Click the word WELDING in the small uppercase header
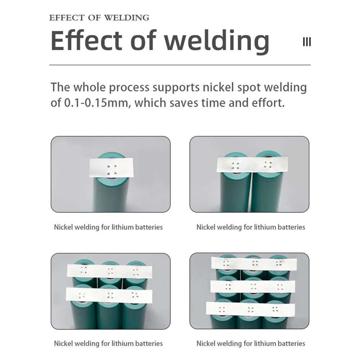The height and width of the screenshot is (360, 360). pos(126,18)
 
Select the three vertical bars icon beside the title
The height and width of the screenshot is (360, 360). pos(307,42)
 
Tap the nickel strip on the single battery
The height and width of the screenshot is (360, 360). pos(111,168)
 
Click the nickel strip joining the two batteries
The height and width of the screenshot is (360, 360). pos(252,164)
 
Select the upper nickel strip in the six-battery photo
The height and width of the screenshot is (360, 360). pos(109,271)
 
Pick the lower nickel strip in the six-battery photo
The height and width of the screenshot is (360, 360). pos(109,295)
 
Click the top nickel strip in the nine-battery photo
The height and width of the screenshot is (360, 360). pos(254,264)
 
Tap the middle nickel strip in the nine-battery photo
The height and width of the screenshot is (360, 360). pos(253,287)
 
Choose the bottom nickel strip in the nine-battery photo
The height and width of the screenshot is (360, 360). pos(251,309)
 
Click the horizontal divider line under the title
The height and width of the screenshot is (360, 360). pos(180,65)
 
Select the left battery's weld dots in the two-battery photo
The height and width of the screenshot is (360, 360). pos(235,166)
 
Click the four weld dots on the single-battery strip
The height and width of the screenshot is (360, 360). pos(112,170)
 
